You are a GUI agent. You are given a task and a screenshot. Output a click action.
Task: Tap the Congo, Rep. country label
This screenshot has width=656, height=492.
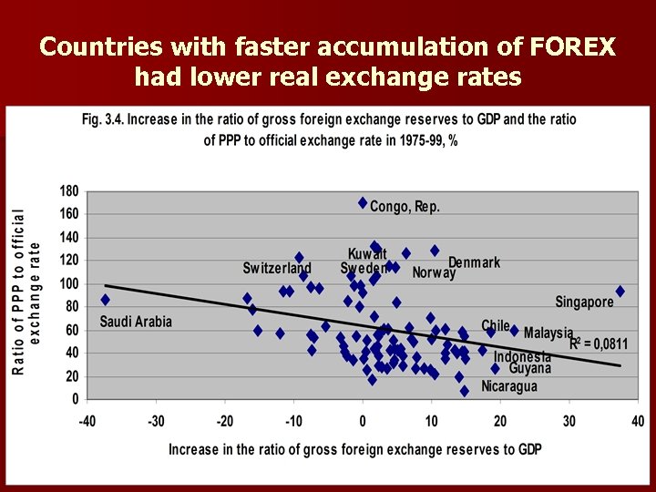pyautogui.click(x=405, y=207)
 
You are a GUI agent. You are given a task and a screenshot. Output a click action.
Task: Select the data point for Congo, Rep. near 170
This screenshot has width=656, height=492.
pyautogui.click(x=363, y=202)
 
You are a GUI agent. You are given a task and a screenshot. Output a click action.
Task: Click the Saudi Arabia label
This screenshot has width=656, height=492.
pyautogui.click(x=136, y=322)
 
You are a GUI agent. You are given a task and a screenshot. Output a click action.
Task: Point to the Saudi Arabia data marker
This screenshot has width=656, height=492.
pyautogui.click(x=105, y=299)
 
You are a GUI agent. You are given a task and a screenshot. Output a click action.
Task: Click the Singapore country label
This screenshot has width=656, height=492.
pyautogui.click(x=584, y=302)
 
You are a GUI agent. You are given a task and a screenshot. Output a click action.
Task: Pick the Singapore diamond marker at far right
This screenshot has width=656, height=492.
pyautogui.click(x=620, y=292)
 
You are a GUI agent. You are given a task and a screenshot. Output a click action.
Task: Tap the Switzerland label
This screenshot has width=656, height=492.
pyautogui.click(x=277, y=269)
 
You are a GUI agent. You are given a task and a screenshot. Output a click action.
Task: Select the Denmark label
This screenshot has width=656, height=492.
pyautogui.click(x=474, y=262)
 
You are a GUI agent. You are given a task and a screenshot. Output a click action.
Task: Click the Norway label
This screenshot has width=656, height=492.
pyautogui.click(x=434, y=273)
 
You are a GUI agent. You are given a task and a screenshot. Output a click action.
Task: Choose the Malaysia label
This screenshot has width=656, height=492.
pyautogui.click(x=548, y=333)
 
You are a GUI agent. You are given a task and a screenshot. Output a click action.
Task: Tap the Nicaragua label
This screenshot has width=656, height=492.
pyautogui.click(x=509, y=385)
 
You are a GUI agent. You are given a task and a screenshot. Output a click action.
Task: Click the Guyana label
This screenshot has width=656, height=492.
pyautogui.click(x=530, y=369)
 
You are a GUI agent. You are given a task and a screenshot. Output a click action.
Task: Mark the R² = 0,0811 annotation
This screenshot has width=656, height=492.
pyautogui.click(x=599, y=344)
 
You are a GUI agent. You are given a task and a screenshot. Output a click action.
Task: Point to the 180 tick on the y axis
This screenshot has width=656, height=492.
pyautogui.click(x=69, y=191)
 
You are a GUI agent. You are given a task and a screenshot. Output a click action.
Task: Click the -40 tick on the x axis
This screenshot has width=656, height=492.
pyautogui.click(x=87, y=421)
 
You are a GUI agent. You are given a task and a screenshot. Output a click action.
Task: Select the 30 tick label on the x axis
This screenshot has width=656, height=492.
pyautogui.click(x=569, y=421)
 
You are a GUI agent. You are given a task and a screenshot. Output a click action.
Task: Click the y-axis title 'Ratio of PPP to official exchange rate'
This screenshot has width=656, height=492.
pyautogui.click(x=26, y=292)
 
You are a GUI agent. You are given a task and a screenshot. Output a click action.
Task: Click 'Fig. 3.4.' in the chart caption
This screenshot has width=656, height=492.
pyautogui.click(x=104, y=120)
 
